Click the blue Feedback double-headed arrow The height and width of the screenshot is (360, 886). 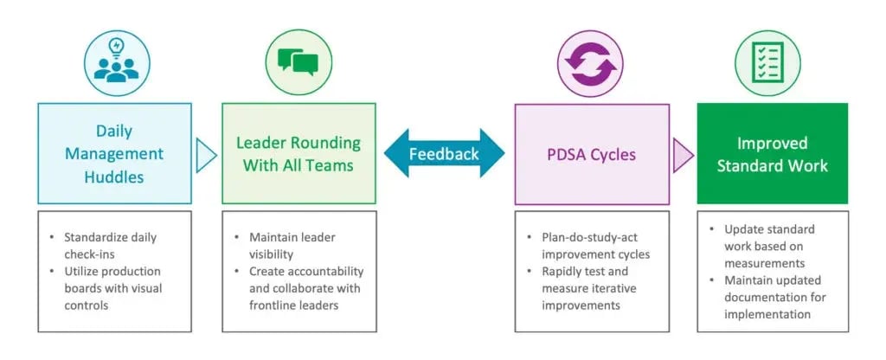(444, 153)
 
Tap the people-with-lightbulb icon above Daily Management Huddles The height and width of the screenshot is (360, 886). (117, 62)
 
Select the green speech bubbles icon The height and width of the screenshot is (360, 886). (299, 62)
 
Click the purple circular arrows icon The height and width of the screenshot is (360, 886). (590, 63)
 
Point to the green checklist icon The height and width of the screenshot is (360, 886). (768, 62)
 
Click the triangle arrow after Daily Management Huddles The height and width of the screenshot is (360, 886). (206, 155)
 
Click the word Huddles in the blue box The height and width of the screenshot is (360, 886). (114, 177)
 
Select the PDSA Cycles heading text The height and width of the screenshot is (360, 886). (592, 154)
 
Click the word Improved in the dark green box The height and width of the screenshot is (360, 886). (773, 143)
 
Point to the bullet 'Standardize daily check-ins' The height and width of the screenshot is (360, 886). (107, 245)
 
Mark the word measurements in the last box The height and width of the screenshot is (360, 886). (765, 263)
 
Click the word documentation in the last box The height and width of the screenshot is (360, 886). (767, 298)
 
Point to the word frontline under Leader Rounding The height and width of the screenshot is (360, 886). (272, 305)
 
